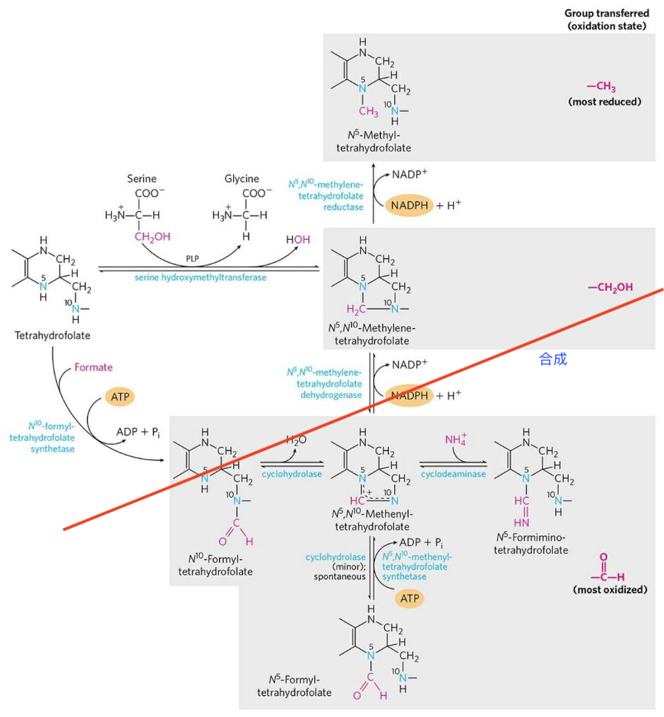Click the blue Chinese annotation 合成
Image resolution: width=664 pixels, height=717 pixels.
[553, 359]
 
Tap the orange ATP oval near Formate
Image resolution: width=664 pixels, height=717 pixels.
[119, 396]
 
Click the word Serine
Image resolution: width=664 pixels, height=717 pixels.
[142, 178]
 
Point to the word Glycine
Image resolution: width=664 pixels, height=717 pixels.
[242, 178]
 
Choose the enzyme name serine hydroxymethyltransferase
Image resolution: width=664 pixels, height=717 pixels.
[201, 277]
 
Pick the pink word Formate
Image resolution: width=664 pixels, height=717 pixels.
[93, 368]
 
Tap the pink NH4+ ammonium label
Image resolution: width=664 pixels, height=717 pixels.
[456, 439]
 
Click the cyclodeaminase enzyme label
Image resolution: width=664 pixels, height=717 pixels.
[453, 474]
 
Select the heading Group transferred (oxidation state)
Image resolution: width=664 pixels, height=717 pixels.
[607, 20]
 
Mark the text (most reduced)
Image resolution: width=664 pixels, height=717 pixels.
[604, 101]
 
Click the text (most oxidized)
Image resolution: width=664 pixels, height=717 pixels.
[610, 590]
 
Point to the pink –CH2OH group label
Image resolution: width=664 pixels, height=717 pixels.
[610, 287]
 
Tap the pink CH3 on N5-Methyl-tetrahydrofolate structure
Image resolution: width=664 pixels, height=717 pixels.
[367, 112]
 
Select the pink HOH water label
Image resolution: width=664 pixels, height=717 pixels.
[297, 240]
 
